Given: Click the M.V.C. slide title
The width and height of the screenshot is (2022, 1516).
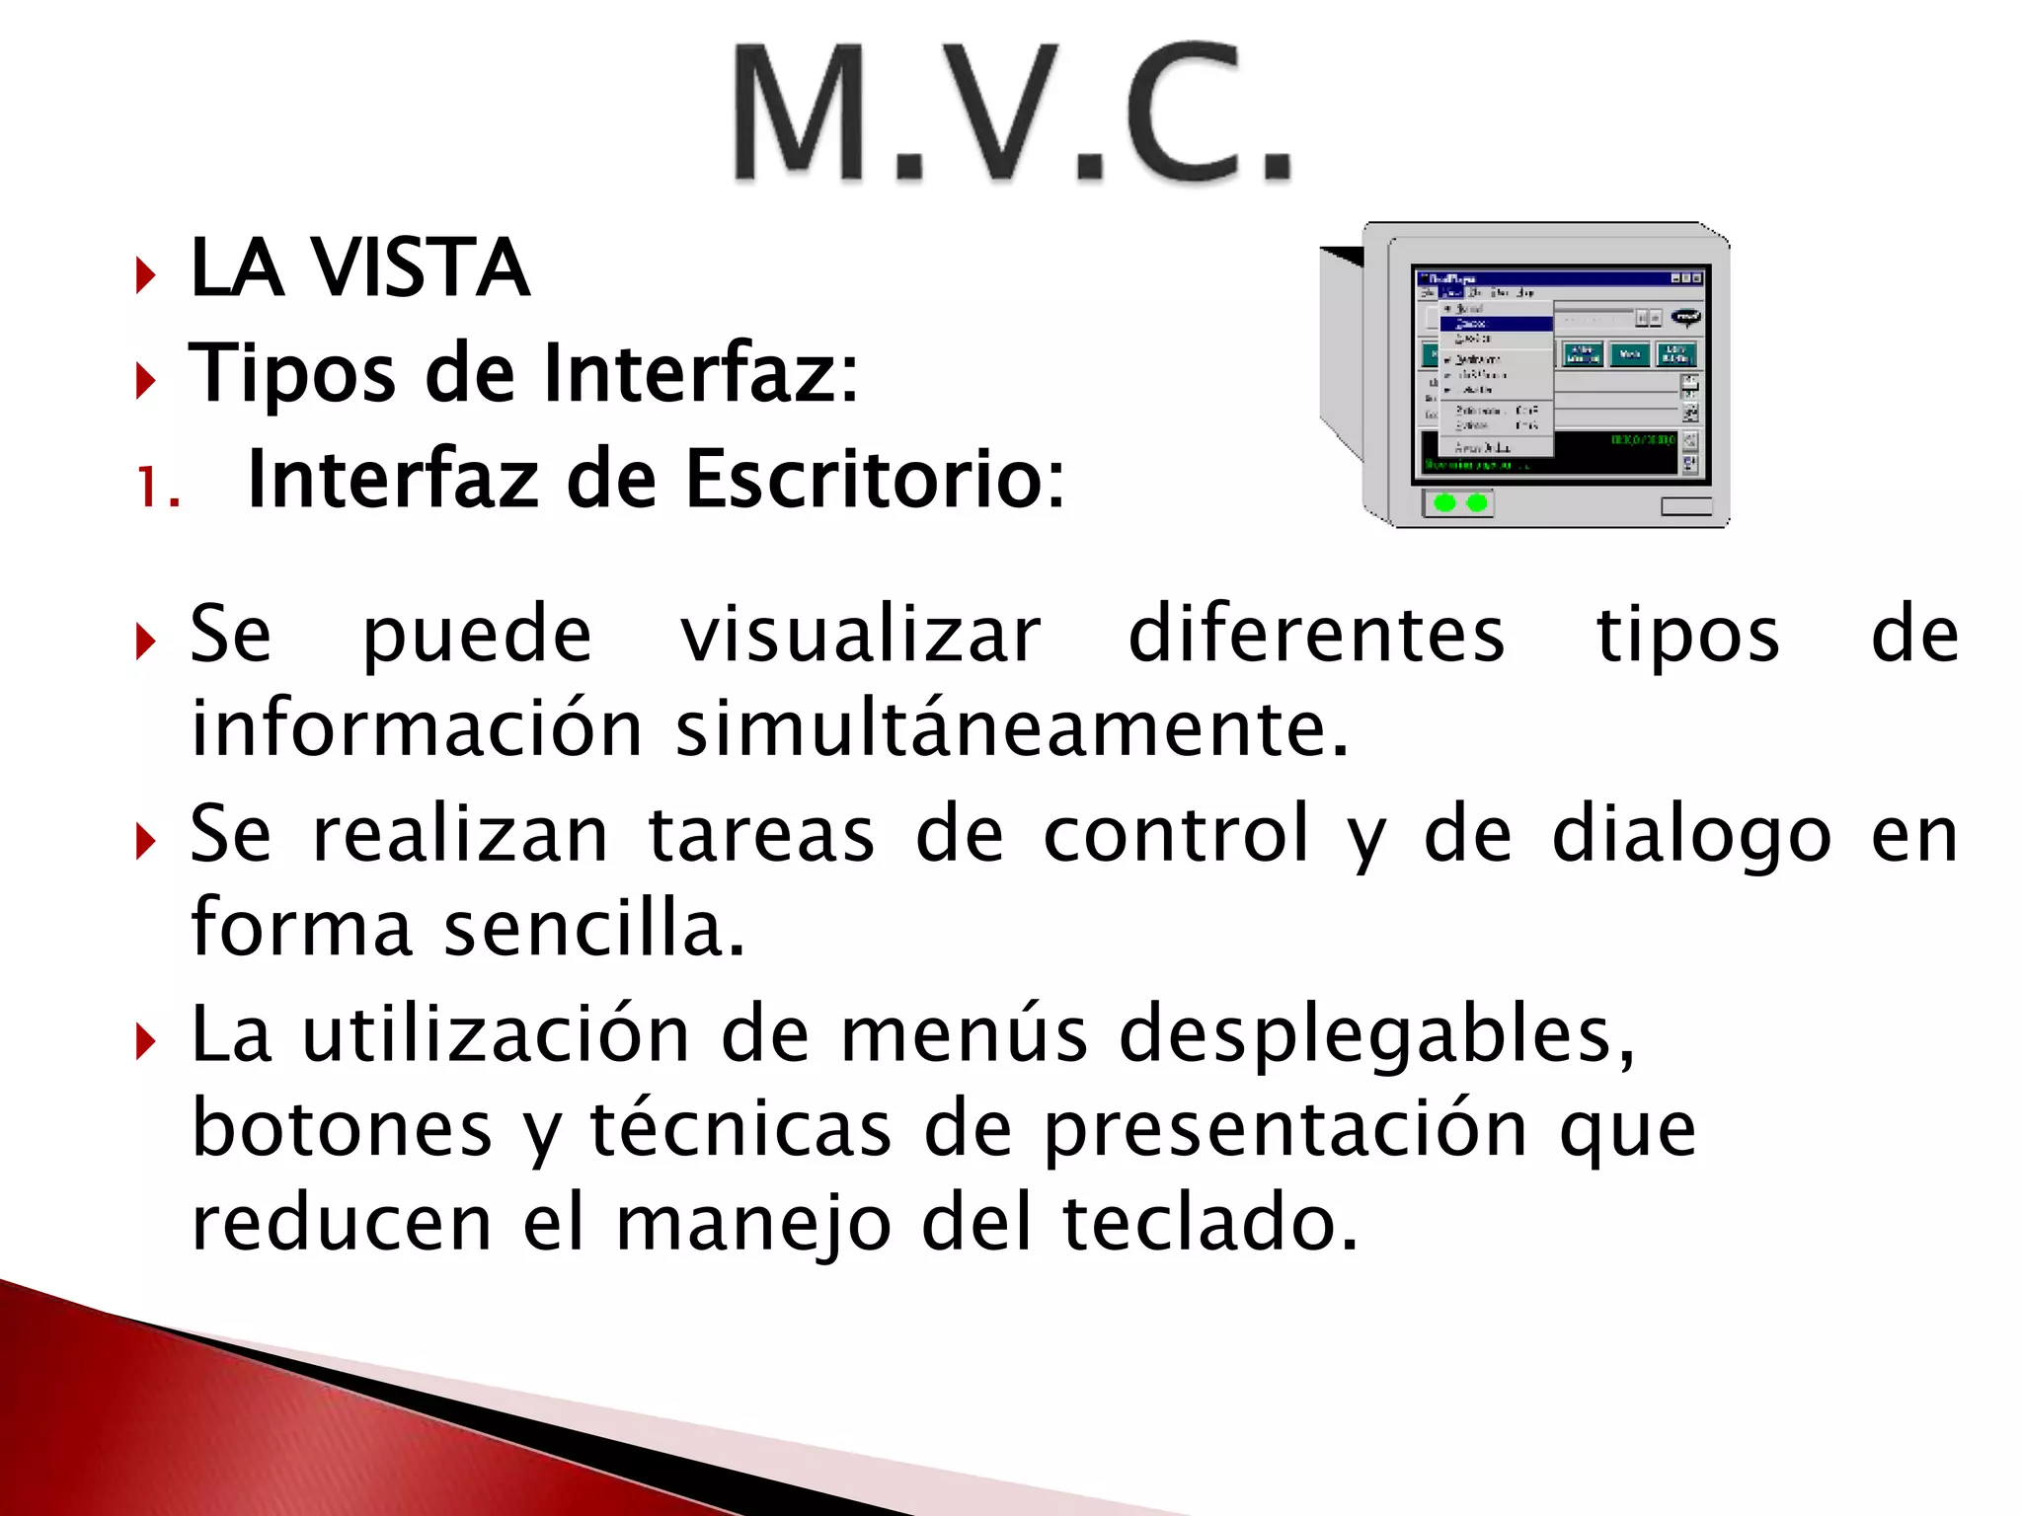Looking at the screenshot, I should click(1011, 114).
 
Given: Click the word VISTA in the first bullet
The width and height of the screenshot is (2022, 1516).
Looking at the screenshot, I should click(420, 268).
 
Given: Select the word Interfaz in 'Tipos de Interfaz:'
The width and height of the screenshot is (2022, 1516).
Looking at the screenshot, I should click(701, 373).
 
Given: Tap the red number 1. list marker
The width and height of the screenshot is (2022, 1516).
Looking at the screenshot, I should click(158, 488).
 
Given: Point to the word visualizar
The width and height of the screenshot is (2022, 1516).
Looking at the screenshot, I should click(860, 636).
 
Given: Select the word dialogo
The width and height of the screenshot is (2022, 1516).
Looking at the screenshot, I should click(1691, 836).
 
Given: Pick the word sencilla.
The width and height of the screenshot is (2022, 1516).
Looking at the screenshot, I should click(593, 930).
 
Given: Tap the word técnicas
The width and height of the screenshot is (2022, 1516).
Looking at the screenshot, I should click(740, 1129).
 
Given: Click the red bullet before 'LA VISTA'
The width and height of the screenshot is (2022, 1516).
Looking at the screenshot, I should click(146, 275).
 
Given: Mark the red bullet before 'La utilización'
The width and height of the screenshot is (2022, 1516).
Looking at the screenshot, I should click(146, 1041).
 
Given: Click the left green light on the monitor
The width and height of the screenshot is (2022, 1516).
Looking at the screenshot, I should click(1444, 503).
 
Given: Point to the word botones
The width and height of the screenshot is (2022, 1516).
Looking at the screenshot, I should click(342, 1129).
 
